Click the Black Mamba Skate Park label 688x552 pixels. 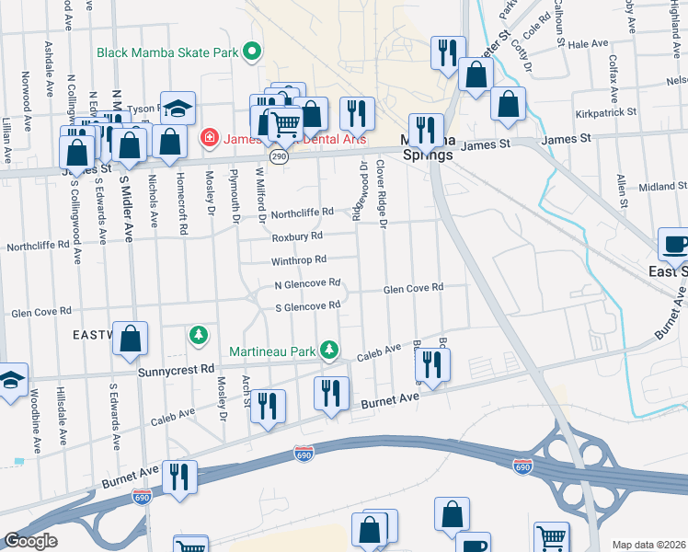170,51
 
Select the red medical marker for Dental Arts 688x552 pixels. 209,139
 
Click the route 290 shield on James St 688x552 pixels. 280,157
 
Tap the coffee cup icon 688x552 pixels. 674,246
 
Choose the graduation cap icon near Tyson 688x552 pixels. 177,109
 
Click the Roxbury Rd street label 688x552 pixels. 298,236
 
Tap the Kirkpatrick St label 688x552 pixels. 606,112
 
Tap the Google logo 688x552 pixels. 30,541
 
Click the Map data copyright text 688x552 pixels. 649,545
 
